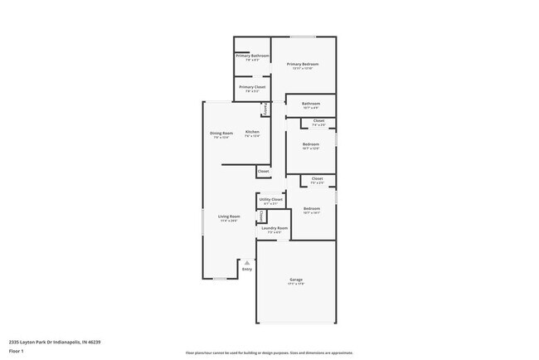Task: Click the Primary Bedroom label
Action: [303, 64]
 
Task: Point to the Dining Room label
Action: [221, 133]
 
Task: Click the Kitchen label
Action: [252, 133]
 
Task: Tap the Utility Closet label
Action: [270, 199]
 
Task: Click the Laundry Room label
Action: [276, 228]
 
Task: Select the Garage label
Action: [296, 280]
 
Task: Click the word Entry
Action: [246, 270]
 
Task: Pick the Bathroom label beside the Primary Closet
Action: [311, 104]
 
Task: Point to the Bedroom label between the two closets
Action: [311, 146]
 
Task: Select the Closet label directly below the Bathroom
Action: [318, 121]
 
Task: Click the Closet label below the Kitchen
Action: [263, 171]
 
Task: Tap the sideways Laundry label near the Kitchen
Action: [265, 109]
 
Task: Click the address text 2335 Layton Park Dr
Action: [51, 340]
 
